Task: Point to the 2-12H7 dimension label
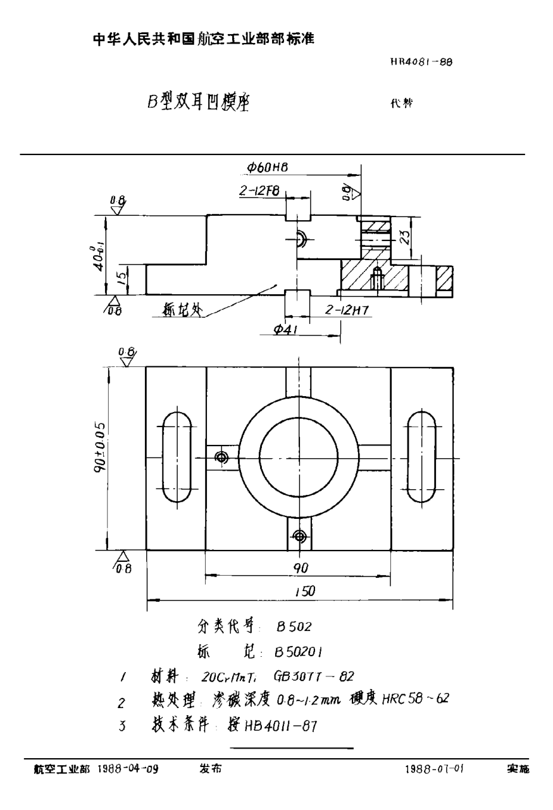347,309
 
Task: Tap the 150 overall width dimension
303,591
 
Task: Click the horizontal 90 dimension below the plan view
300,568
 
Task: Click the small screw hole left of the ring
221,457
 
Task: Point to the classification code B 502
294,626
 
